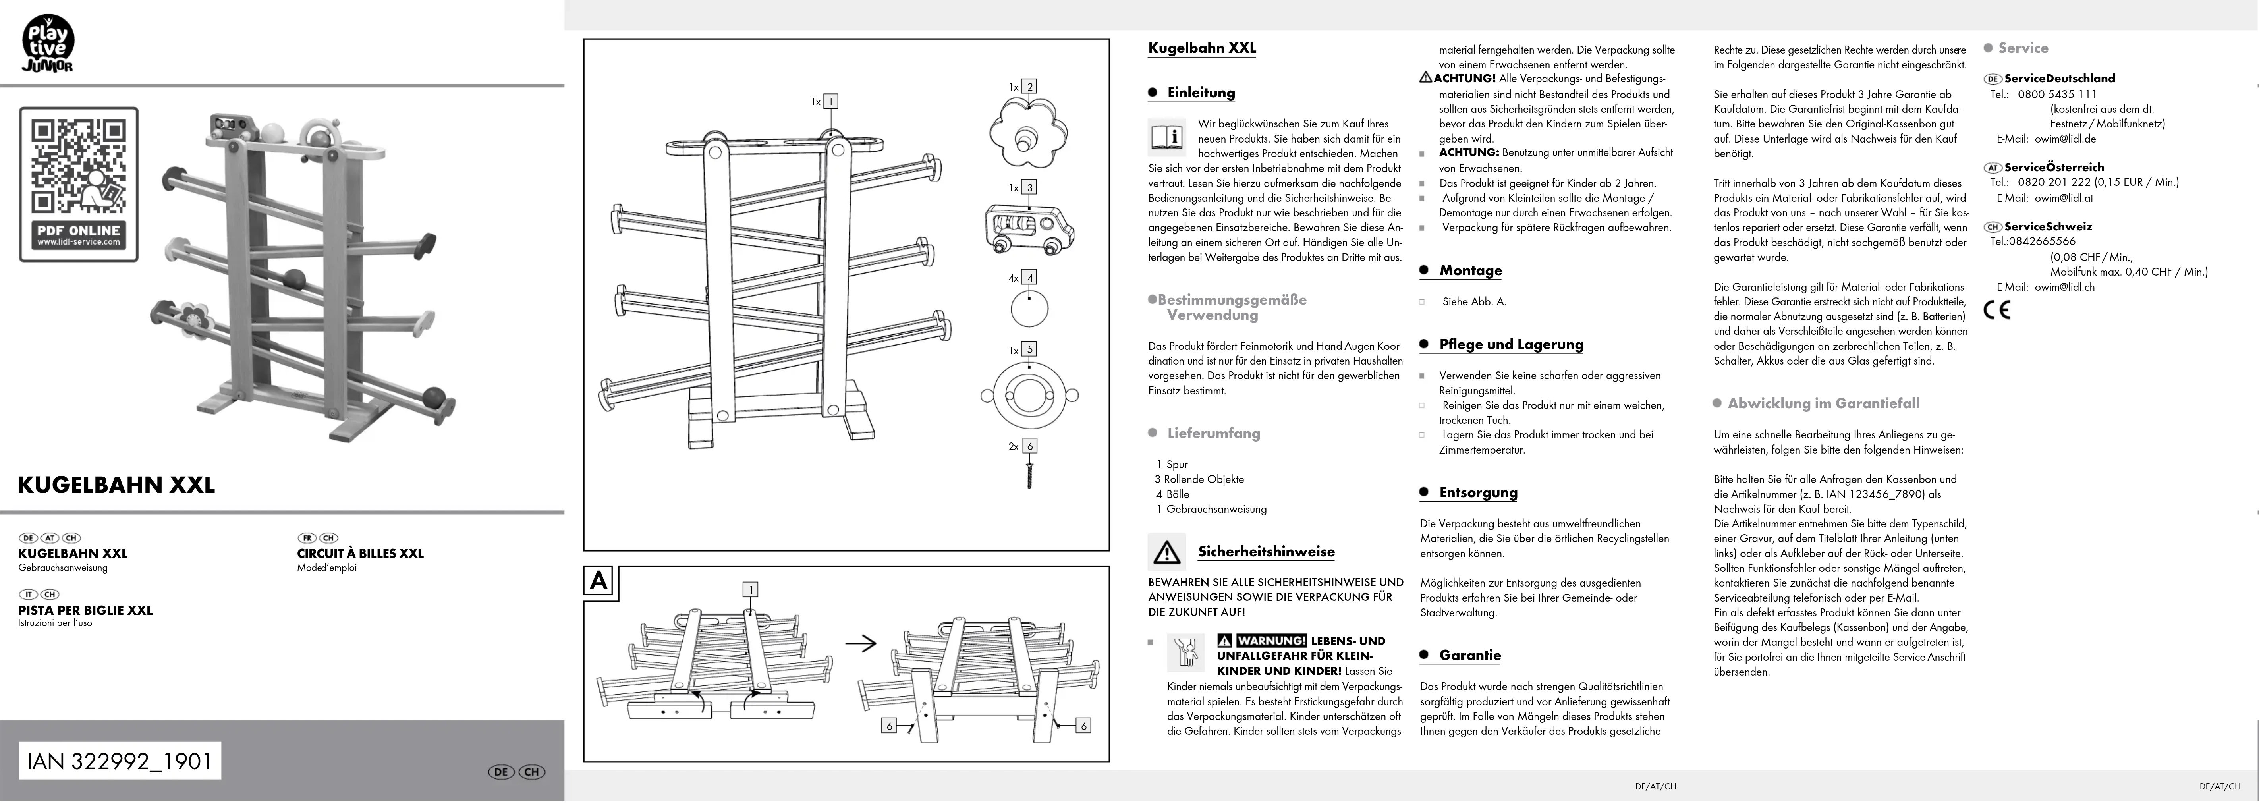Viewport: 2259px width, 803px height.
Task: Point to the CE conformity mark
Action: tap(1997, 309)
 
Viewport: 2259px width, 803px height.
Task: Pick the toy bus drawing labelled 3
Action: tap(1028, 228)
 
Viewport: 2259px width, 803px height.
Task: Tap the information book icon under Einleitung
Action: tap(1167, 138)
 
